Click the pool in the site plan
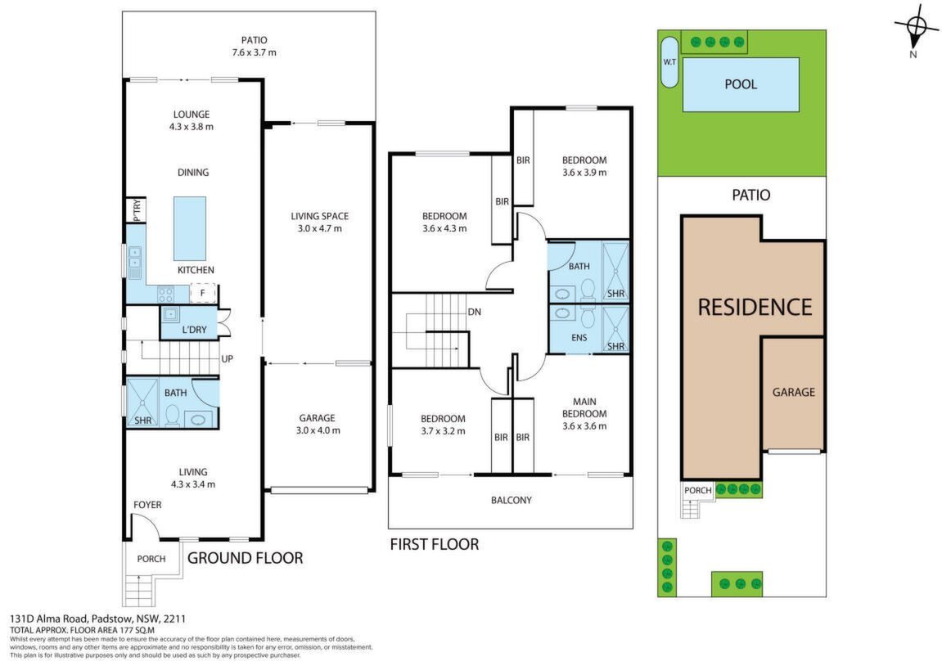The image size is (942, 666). pos(741,84)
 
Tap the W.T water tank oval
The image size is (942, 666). pos(669,62)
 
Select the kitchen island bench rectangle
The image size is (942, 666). pos(190,228)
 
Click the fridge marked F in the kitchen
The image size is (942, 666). pos(202,293)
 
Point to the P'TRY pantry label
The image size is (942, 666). pos(137,210)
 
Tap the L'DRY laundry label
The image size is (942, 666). pos(194,330)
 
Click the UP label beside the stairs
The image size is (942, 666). pos(227,359)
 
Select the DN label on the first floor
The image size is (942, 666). pos(475,313)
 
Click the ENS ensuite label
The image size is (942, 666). pos(579,338)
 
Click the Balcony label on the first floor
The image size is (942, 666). pos(512,500)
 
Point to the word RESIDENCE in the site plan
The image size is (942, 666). pos(755,308)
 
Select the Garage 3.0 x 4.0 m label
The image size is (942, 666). pos(318,424)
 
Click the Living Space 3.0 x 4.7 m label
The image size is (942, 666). pos(320,223)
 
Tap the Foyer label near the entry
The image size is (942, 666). pos(147,505)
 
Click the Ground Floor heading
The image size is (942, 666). pos(245,558)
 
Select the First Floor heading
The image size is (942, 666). pos(435,545)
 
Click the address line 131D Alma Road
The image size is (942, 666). pos(98,619)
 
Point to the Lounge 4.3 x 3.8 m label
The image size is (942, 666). pos(192,121)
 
